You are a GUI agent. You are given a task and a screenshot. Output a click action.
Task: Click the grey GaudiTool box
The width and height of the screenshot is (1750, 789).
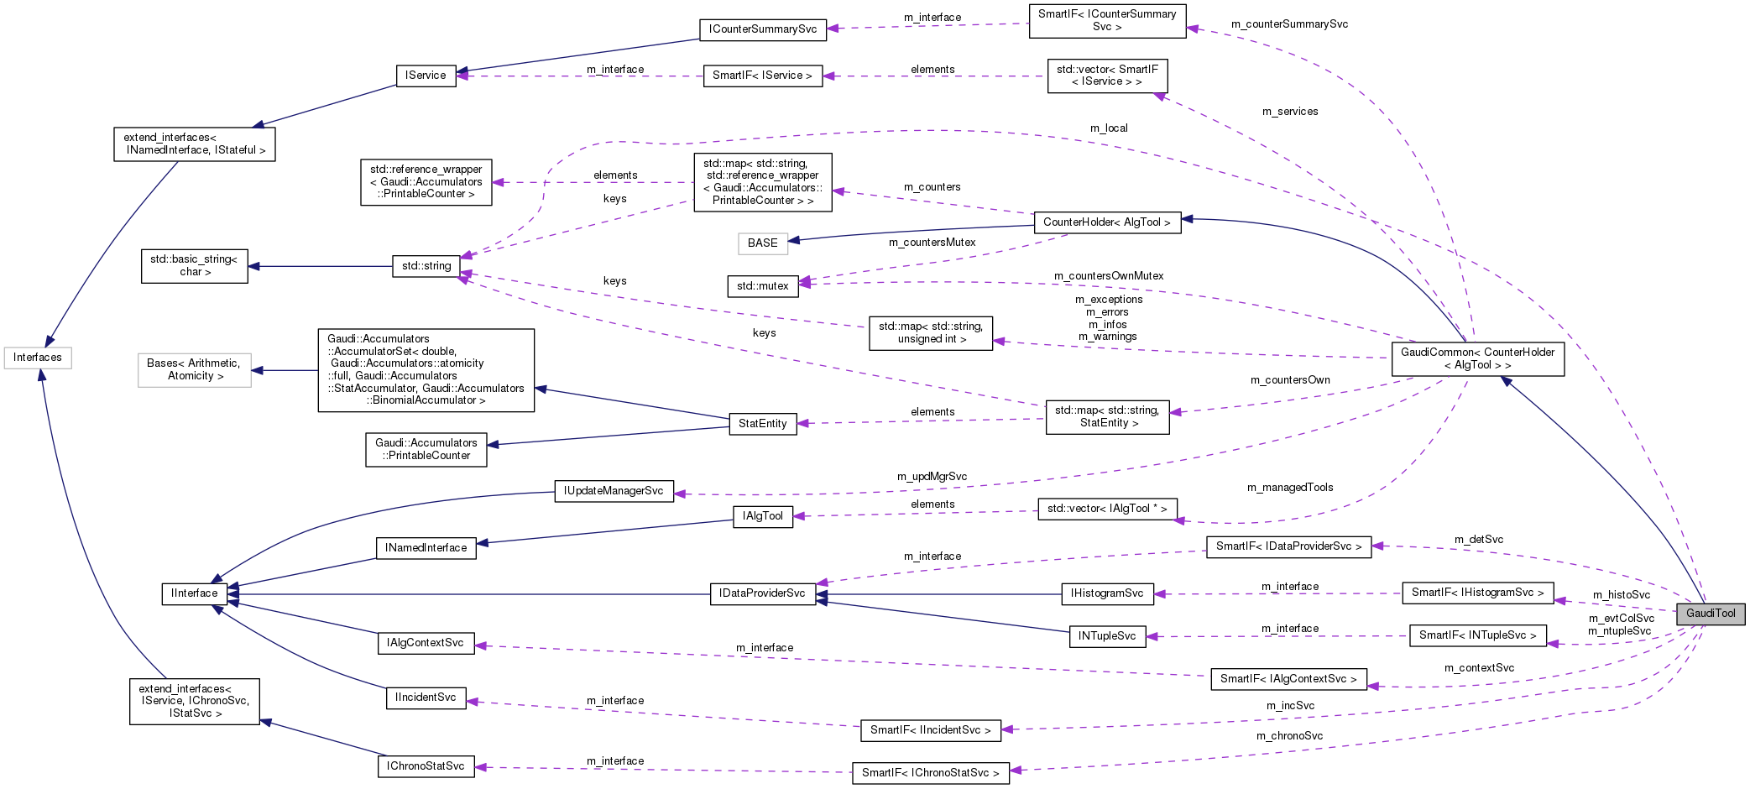(x=1710, y=614)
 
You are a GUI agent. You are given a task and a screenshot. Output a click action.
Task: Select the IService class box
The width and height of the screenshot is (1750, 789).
(x=426, y=76)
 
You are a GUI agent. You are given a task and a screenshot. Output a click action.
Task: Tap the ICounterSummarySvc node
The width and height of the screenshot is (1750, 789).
(x=762, y=29)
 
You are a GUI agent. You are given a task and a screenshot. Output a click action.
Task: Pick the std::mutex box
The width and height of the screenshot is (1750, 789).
(x=762, y=286)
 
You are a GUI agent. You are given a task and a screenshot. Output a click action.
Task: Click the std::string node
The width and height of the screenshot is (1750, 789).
(x=426, y=266)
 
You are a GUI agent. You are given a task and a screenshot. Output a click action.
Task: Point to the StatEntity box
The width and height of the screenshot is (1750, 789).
(x=762, y=424)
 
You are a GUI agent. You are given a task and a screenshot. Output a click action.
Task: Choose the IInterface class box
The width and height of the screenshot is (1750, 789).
(x=194, y=593)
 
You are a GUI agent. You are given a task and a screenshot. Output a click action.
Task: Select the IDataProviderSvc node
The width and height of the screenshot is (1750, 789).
(x=762, y=593)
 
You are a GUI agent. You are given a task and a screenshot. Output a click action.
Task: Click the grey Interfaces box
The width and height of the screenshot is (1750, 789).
(x=38, y=358)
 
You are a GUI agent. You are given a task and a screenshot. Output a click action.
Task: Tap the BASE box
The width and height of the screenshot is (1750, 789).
(x=762, y=243)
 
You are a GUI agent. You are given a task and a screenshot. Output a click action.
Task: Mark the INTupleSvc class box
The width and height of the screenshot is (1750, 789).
(x=1107, y=636)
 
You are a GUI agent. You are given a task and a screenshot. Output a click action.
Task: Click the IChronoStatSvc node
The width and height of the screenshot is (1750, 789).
(x=426, y=766)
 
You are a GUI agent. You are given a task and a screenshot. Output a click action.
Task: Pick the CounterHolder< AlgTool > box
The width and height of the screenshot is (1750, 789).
(x=1106, y=222)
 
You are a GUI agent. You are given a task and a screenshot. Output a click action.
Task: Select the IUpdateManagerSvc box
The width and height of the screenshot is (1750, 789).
(x=614, y=491)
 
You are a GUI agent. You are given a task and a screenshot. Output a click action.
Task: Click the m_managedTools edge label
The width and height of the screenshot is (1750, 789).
(x=1290, y=488)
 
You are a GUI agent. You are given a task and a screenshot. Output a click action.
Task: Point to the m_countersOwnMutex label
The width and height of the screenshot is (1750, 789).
(x=1109, y=276)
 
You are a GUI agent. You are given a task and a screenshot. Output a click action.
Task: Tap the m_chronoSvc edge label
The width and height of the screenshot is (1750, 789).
(x=1289, y=736)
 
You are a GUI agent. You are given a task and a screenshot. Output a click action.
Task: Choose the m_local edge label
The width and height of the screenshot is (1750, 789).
(x=1109, y=128)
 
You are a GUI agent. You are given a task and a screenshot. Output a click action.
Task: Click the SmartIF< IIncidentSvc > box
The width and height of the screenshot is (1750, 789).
(x=930, y=730)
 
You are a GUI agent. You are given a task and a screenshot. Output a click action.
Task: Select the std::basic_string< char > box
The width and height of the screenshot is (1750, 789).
(x=195, y=266)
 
